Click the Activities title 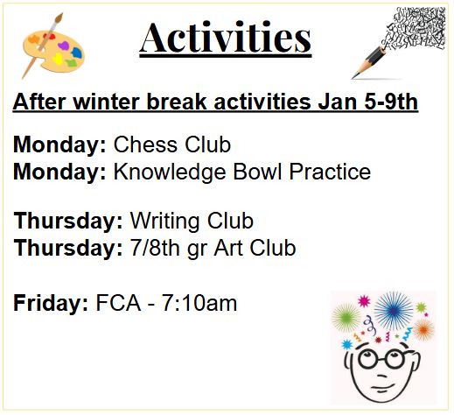click(x=226, y=38)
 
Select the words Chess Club click(x=172, y=144)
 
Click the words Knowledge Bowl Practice click(x=242, y=172)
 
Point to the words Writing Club click(x=192, y=220)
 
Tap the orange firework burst click(x=423, y=329)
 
